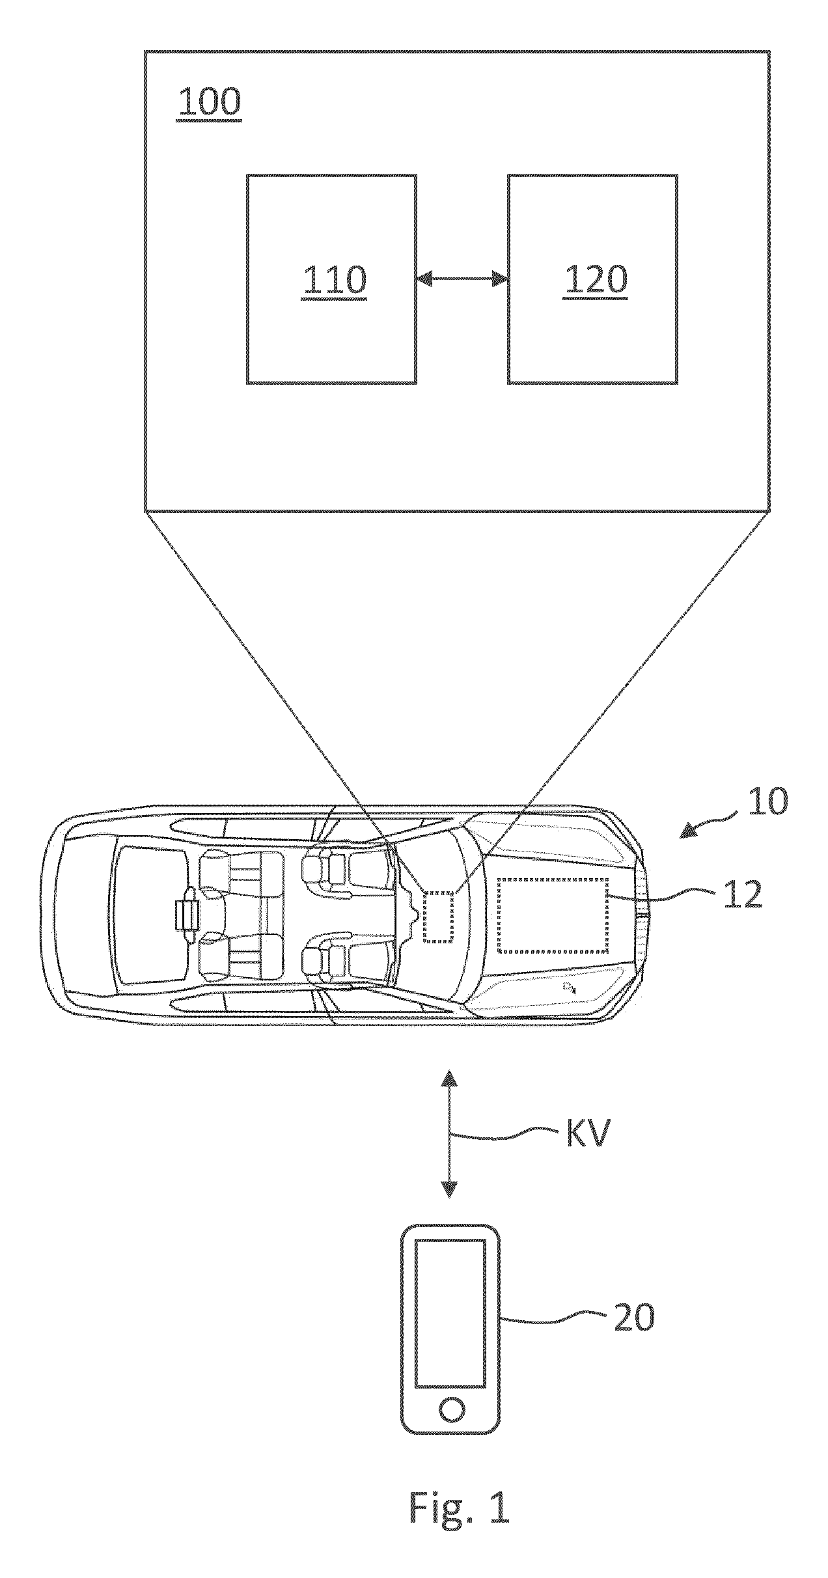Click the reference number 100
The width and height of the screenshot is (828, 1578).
point(210,103)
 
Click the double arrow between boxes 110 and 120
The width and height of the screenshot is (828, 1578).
point(462,279)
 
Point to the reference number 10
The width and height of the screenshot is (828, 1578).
point(767,802)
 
